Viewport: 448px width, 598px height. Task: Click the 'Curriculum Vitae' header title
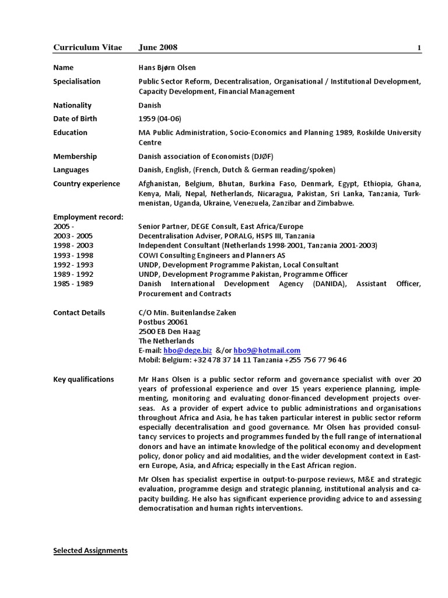click(87, 47)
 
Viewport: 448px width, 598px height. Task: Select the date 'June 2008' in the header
click(158, 47)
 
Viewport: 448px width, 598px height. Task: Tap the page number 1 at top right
click(419, 48)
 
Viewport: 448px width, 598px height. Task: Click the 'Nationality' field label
click(72, 105)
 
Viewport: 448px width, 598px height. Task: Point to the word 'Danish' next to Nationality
click(150, 105)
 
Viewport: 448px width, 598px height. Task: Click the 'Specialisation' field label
click(77, 81)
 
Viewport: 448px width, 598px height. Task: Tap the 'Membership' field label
click(75, 157)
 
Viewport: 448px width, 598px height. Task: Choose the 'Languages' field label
click(71, 170)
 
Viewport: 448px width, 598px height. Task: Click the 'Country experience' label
click(86, 183)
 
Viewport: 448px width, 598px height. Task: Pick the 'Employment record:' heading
click(88, 217)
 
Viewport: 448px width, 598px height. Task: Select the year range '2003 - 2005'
click(73, 236)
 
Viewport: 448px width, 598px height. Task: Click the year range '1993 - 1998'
click(73, 255)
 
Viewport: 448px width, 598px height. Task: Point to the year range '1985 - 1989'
click(73, 283)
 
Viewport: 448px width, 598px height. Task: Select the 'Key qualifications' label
click(83, 379)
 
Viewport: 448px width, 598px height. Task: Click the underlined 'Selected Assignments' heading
click(90, 551)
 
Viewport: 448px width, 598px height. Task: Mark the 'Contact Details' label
click(79, 312)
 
